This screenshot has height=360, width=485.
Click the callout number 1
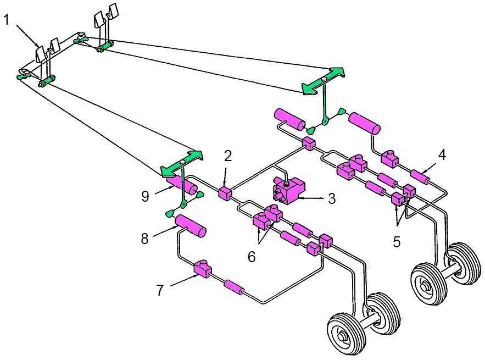(x=7, y=20)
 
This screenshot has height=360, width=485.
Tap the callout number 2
(x=228, y=156)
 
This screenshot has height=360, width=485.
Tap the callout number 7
(x=160, y=290)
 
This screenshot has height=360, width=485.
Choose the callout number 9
(x=144, y=196)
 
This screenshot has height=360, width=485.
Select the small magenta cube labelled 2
(x=225, y=193)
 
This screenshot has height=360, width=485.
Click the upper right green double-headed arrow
(x=322, y=80)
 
